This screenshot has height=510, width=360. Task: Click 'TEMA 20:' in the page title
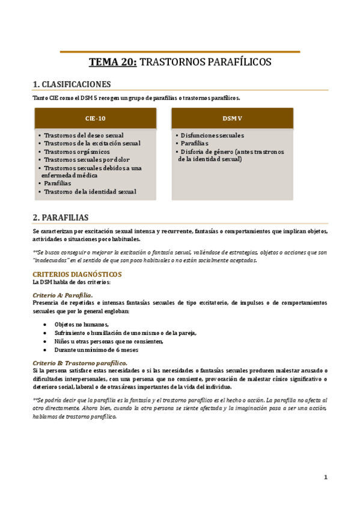pyautogui.click(x=113, y=61)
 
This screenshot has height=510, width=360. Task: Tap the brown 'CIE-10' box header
pyautogui.click(x=96, y=118)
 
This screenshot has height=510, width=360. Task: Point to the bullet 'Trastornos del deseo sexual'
pyautogui.click(x=84, y=135)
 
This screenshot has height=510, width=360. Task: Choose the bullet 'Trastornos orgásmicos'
pyautogui.click(x=76, y=152)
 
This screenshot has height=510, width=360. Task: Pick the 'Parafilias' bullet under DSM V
pyautogui.click(x=194, y=143)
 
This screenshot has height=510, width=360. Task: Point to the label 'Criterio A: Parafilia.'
pyautogui.click(x=63, y=295)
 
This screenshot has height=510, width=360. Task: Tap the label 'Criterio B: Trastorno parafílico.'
pyautogui.click(x=79, y=363)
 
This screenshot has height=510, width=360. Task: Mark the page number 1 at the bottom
pyautogui.click(x=326, y=477)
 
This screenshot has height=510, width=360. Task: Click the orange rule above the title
pyautogui.click(x=180, y=52)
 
